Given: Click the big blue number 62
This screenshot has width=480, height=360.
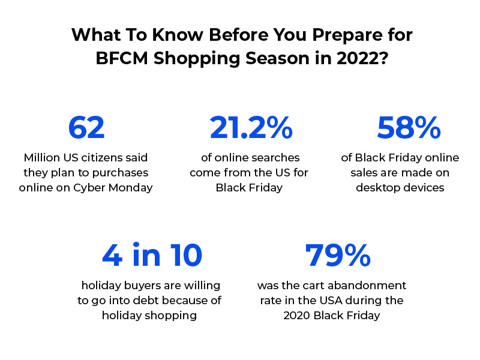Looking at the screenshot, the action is [86, 127].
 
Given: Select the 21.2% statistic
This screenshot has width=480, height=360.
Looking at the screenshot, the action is [251, 127].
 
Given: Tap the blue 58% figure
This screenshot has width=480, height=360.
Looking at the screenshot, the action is [409, 127].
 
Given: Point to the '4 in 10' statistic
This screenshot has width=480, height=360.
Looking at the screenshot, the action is [152, 255].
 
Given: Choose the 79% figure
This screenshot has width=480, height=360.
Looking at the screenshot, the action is [338, 255].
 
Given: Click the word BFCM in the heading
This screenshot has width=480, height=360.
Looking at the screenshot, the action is [122, 58].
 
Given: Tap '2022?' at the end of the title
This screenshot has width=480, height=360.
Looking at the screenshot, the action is [362, 58].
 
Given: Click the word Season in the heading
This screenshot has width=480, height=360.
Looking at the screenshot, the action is [277, 58].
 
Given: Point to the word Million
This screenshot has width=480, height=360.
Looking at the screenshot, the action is [42, 158].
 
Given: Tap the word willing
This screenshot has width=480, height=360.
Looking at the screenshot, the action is [202, 286].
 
